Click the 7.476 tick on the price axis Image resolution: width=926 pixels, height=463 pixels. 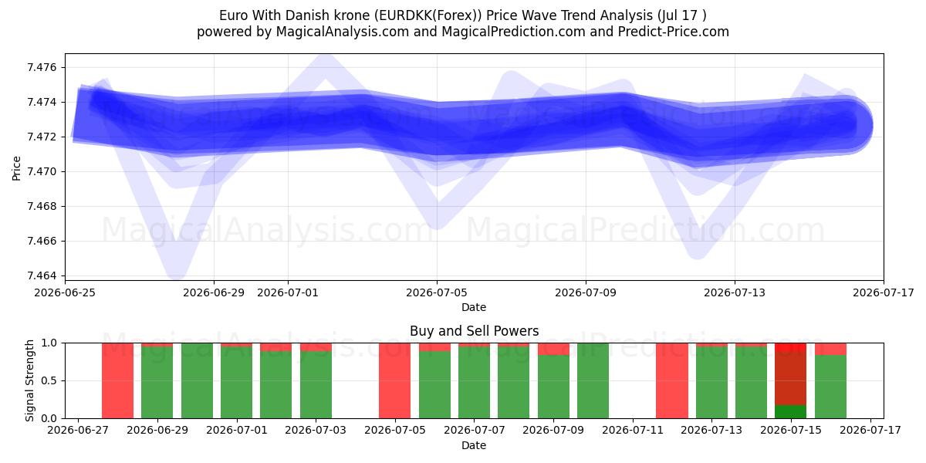pyautogui.click(x=42, y=67)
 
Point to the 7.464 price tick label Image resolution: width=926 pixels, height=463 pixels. pyautogui.click(x=42, y=275)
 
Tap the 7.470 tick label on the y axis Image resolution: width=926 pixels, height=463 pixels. pyautogui.click(x=42, y=171)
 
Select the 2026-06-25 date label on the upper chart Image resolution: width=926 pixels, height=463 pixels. pyautogui.click(x=65, y=293)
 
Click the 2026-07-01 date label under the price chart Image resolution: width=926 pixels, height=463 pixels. pyautogui.click(x=288, y=293)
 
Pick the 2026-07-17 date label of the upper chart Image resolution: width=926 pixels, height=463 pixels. pyautogui.click(x=884, y=293)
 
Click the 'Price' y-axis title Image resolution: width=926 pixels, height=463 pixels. pyautogui.click(x=16, y=168)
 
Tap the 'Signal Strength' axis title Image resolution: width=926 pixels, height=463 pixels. pyautogui.click(x=29, y=380)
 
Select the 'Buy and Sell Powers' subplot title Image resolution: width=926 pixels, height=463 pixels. pyautogui.click(x=474, y=331)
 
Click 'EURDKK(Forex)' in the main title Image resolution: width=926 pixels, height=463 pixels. pyautogui.click(x=428, y=15)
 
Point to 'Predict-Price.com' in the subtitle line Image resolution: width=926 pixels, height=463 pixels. pyautogui.click(x=674, y=32)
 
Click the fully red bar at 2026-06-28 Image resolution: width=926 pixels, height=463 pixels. pyautogui.click(x=118, y=380)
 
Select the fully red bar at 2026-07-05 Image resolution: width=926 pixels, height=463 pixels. pyautogui.click(x=395, y=380)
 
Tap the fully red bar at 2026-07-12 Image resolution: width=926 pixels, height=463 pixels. pyautogui.click(x=672, y=380)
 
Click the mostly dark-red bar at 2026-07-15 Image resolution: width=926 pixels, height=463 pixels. pyautogui.click(x=790, y=380)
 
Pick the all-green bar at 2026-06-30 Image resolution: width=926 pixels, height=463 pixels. pyautogui.click(x=198, y=380)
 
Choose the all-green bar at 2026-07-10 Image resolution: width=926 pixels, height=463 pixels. pyautogui.click(x=593, y=380)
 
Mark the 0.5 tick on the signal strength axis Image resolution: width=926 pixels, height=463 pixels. pyautogui.click(x=49, y=380)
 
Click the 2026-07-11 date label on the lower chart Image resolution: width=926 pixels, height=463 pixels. pyautogui.click(x=633, y=431)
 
